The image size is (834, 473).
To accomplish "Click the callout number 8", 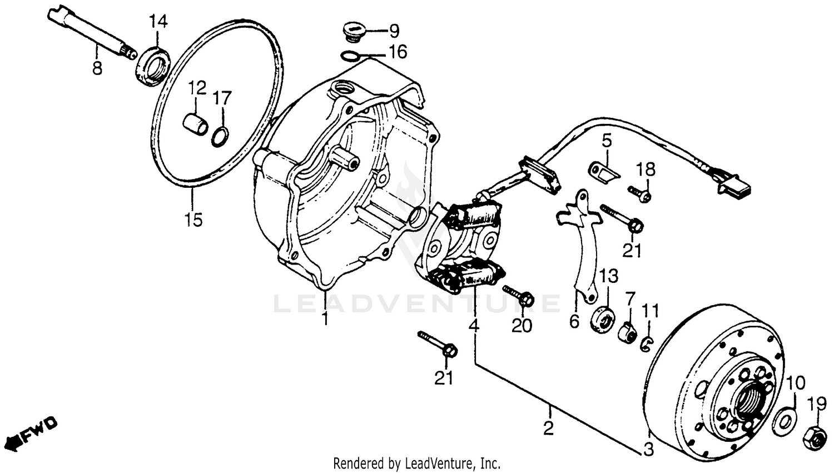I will tap(97, 69).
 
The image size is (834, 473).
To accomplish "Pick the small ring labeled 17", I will tap(220, 137).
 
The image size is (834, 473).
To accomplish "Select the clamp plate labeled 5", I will tap(604, 172).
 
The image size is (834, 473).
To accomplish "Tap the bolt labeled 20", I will tap(517, 296).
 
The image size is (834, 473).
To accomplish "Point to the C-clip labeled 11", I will tap(646, 344).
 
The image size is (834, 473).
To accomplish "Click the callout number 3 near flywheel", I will tap(648, 449).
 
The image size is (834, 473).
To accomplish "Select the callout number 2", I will tap(548, 428).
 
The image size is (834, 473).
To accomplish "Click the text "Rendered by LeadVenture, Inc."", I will tap(416, 463).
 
